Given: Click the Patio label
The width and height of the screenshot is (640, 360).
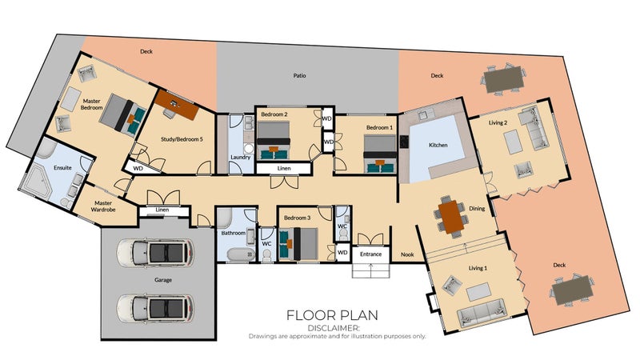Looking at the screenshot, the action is (x=299, y=75).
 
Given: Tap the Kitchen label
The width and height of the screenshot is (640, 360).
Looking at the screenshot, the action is (x=438, y=145).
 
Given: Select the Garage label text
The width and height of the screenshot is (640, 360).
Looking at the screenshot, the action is (x=163, y=280).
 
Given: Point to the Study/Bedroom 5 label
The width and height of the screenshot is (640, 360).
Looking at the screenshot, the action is (x=182, y=139).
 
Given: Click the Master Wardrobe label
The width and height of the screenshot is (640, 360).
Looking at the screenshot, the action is (x=103, y=206).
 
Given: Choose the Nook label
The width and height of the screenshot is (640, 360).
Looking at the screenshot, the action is (x=407, y=254).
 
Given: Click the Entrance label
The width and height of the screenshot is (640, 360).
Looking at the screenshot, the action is (x=370, y=254).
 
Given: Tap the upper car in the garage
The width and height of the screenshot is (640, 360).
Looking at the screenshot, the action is (x=155, y=253).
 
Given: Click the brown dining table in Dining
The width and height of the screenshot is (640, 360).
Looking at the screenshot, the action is (x=450, y=216).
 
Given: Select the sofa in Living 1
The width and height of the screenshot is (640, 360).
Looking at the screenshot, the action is (x=482, y=312).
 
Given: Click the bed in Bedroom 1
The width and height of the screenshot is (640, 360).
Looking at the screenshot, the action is (x=380, y=154).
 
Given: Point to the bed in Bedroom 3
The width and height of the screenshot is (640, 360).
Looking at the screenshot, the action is (x=298, y=244).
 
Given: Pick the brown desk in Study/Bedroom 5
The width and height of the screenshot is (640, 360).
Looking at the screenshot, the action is (x=178, y=105).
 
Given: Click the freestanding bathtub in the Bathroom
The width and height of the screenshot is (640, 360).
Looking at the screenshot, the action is (x=242, y=254).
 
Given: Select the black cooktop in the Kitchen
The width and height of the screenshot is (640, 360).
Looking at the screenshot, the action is (x=404, y=142).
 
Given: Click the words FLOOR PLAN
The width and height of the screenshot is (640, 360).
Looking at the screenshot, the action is (x=332, y=315).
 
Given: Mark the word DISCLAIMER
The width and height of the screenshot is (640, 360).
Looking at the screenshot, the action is (x=334, y=328).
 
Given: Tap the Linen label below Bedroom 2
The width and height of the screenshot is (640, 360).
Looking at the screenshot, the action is (x=284, y=168).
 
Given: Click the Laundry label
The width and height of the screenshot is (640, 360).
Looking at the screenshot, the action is (x=241, y=157).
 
